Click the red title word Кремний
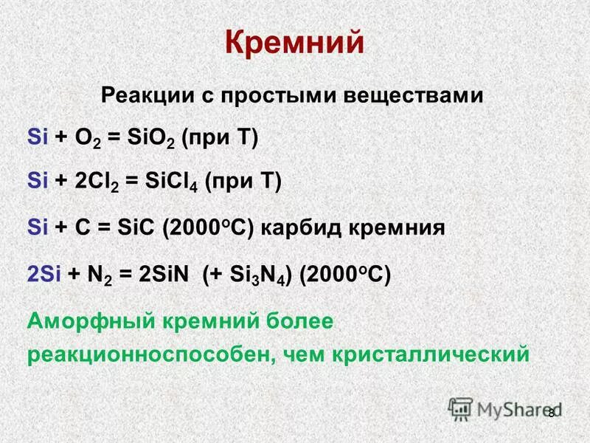[x=294, y=42]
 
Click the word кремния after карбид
[x=401, y=227]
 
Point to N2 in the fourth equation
[x=100, y=273]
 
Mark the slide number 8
[x=551, y=412]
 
